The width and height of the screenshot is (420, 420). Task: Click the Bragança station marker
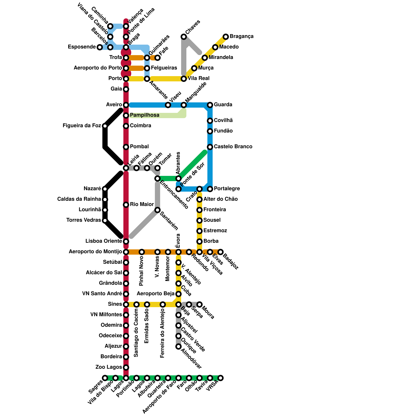pyautogui.click(x=226, y=37)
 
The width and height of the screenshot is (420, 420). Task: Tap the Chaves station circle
pyautogui.click(x=184, y=37)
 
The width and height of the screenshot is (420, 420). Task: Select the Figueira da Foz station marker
pyautogui.click(x=105, y=126)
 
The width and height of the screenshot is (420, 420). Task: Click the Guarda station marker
pyautogui.click(x=210, y=105)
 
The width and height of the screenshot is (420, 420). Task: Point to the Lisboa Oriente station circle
pyautogui.click(x=126, y=241)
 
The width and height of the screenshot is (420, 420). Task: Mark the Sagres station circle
pyautogui.click(x=105, y=378)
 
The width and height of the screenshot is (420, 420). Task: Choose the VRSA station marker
pyautogui.click(x=220, y=378)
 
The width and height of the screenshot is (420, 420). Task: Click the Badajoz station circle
pyautogui.click(x=220, y=252)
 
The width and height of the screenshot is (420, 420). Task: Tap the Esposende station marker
pyautogui.click(x=100, y=47)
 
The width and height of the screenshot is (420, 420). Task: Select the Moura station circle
pyautogui.click(x=199, y=304)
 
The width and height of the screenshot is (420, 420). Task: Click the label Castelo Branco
pyautogui.click(x=233, y=146)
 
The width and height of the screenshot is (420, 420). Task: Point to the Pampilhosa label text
pyautogui.click(x=144, y=115)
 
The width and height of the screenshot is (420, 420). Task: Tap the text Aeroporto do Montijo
pyautogui.click(x=95, y=252)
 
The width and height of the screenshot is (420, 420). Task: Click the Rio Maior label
pyautogui.click(x=142, y=204)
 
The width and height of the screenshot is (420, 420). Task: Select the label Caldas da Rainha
pyautogui.click(x=79, y=199)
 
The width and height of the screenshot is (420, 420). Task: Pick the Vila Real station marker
pyautogui.click(x=184, y=79)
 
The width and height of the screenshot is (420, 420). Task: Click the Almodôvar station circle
pyautogui.click(x=178, y=346)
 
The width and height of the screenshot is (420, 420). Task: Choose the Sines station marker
pyautogui.click(x=126, y=304)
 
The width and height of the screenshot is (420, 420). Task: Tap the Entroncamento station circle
pyautogui.click(x=157, y=178)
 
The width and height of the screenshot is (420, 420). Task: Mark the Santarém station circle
pyautogui.click(x=157, y=210)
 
